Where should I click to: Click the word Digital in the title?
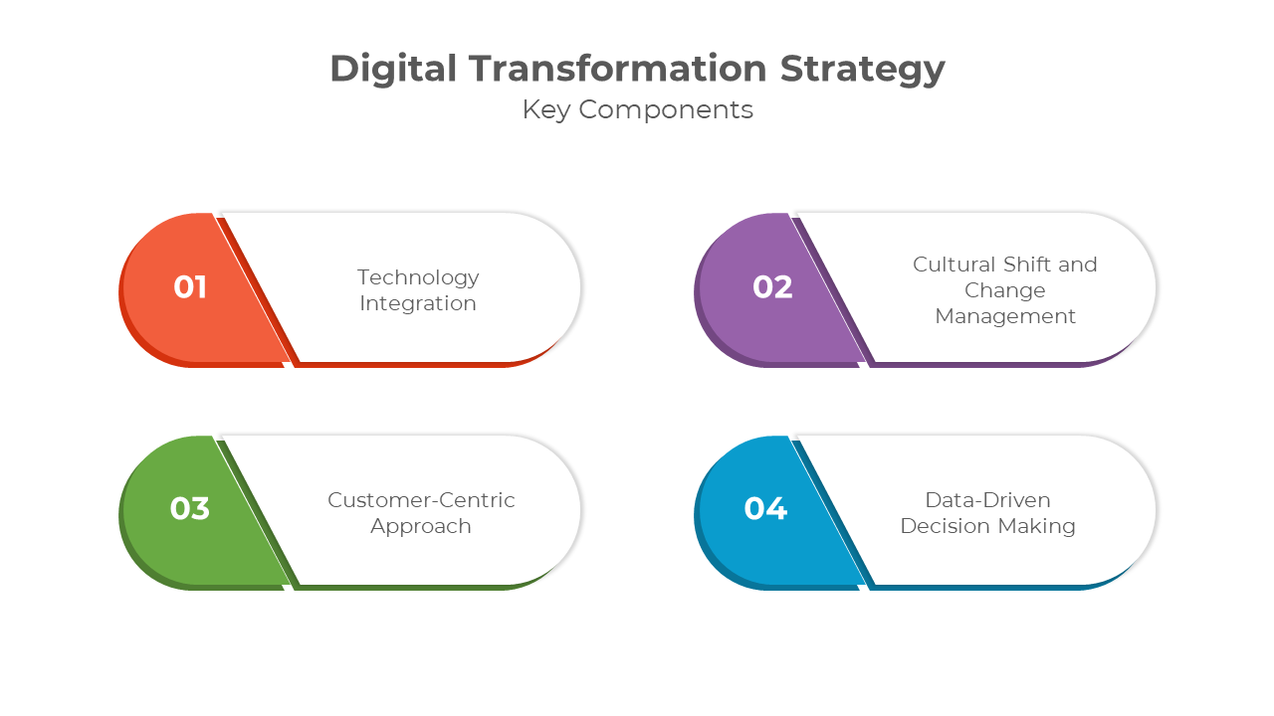[x=393, y=70]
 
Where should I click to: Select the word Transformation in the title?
[x=618, y=69]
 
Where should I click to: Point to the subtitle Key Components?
[x=638, y=110]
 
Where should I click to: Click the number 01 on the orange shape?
[x=190, y=287]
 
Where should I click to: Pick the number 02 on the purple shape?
[x=772, y=287]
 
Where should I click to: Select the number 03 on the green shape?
[x=190, y=508]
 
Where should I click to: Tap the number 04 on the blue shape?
[x=765, y=508]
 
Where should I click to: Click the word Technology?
[x=418, y=278]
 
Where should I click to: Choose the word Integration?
[x=418, y=304]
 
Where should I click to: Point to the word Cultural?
[x=954, y=265]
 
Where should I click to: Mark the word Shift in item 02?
[x=1027, y=265]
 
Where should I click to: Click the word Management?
[x=1005, y=317]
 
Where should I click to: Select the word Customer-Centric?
[x=421, y=500]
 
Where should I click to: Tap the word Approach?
[x=421, y=527]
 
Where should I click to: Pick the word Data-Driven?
[x=988, y=500]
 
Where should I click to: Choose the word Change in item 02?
[x=1005, y=291]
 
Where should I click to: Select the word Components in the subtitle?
[x=666, y=110]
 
